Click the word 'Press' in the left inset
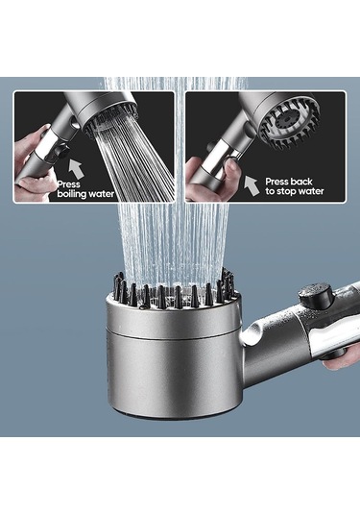(68, 184)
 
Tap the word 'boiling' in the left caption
(72, 194)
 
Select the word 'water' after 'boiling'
(102, 194)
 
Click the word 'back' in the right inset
(301, 182)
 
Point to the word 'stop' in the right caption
(287, 191)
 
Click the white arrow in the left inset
(76, 169)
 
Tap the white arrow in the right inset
(252, 185)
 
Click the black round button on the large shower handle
(316, 294)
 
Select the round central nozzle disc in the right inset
(288, 120)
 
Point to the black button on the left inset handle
(61, 152)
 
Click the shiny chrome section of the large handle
(332, 336)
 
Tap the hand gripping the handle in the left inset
(33, 164)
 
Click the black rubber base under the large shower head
(174, 416)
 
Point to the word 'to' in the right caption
(271, 191)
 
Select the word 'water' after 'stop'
(311, 191)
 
